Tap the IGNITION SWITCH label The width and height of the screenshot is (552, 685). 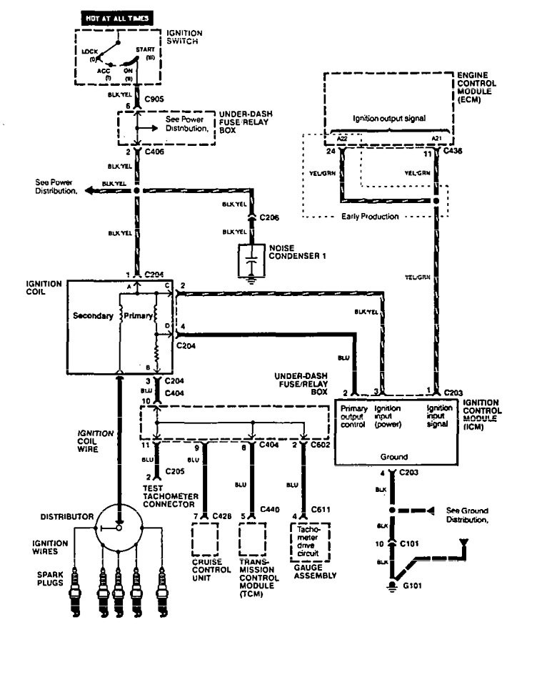click(184, 38)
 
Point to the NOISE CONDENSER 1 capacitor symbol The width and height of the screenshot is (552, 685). click(251, 262)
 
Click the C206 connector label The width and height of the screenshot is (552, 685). click(269, 216)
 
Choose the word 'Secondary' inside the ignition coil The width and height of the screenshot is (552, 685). click(94, 316)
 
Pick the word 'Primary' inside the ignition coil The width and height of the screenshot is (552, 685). click(136, 316)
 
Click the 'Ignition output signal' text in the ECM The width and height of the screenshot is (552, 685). click(388, 118)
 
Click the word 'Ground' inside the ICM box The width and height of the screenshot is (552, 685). click(393, 455)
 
